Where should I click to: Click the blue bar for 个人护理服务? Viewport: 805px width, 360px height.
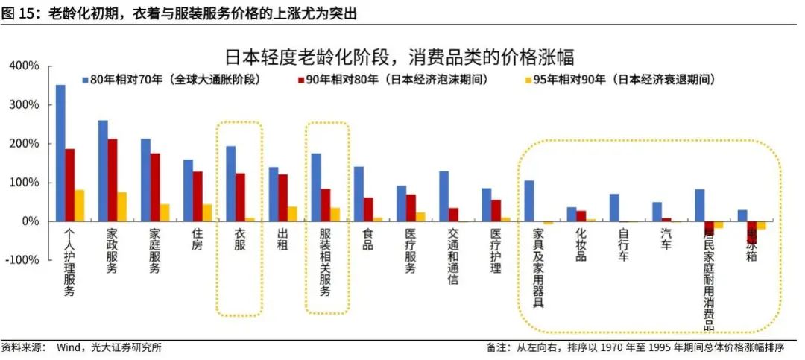point(60,153)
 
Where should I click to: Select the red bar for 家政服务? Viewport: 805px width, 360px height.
point(113,180)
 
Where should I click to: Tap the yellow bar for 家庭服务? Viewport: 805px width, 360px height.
point(165,212)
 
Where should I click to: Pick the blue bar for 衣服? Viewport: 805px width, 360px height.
point(231,183)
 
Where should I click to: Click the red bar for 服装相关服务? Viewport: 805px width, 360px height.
point(326,205)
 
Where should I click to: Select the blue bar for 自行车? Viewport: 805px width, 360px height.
point(614,208)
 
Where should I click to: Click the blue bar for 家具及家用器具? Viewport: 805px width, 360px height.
point(529,200)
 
